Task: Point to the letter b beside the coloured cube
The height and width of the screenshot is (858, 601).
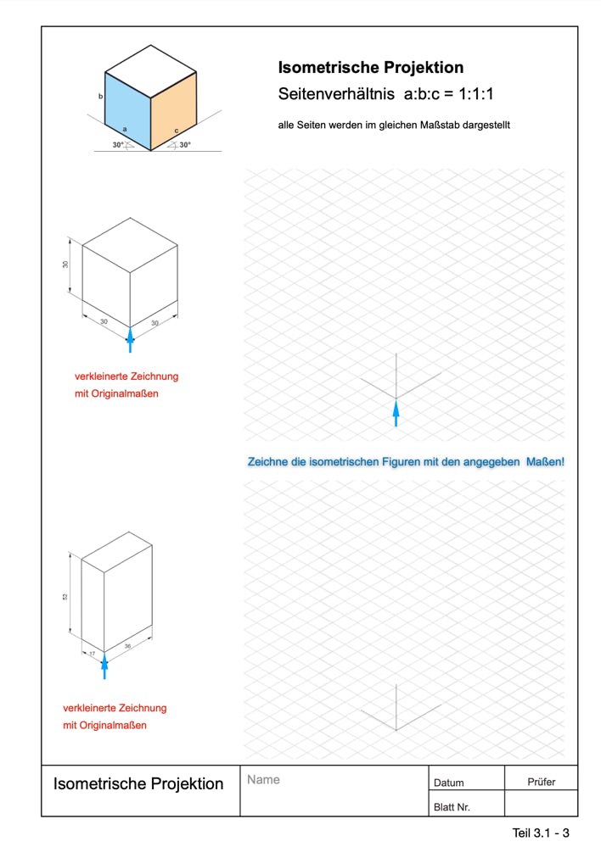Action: pyautogui.click(x=101, y=97)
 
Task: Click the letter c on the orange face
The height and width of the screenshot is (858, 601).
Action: pyautogui.click(x=177, y=130)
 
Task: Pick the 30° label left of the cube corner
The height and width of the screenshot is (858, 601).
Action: pyautogui.click(x=118, y=145)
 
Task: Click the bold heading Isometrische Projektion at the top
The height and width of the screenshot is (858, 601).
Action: pyautogui.click(x=371, y=68)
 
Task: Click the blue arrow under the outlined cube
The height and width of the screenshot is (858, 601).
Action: pyautogui.click(x=130, y=339)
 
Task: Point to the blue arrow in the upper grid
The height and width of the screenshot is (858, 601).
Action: pyautogui.click(x=396, y=414)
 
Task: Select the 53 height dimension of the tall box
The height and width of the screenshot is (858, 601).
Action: pyautogui.click(x=65, y=596)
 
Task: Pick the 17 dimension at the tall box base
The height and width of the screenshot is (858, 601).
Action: pyautogui.click(x=92, y=654)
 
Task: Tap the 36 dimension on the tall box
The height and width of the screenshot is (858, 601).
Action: pyautogui.click(x=128, y=646)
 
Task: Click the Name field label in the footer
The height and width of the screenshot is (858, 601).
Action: pyautogui.click(x=263, y=779)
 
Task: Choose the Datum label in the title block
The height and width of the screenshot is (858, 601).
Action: pyautogui.click(x=448, y=783)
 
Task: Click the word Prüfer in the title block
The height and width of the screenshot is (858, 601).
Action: pyautogui.click(x=541, y=782)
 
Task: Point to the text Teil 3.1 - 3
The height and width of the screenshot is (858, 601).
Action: pyautogui.click(x=541, y=833)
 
